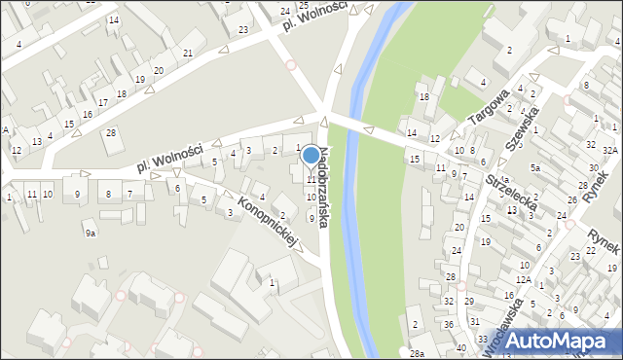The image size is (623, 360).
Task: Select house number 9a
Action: [x=91, y=234]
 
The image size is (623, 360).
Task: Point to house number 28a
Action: [x=417, y=353]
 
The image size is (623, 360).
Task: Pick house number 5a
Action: [x=534, y=167]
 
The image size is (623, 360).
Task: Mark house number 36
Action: [x=449, y=324]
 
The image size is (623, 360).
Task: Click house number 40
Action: [x=460, y=347]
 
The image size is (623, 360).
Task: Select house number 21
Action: [x=188, y=53]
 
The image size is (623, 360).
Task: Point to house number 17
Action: [x=102, y=103]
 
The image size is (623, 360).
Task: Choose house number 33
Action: [x=483, y=340]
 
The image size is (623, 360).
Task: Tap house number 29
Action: [x=469, y=302]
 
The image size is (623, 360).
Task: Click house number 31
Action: [x=475, y=321]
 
